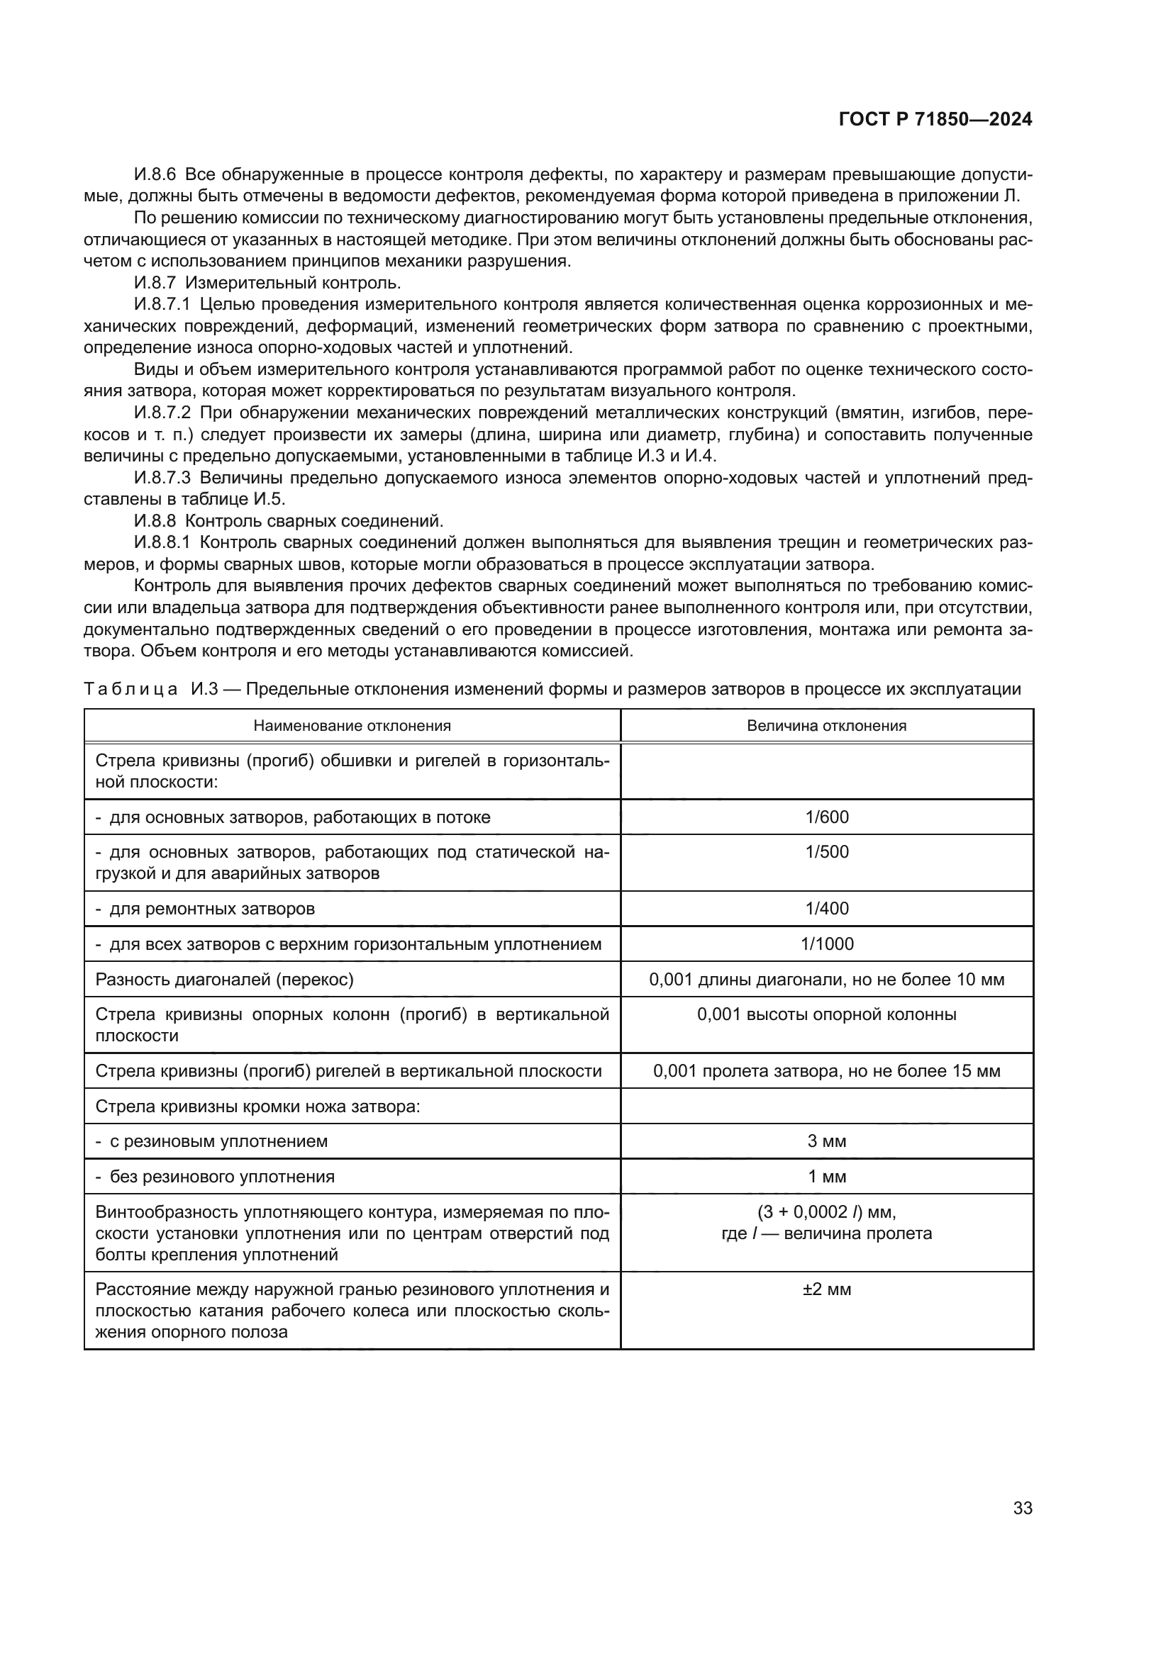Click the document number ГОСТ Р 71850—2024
point(935,120)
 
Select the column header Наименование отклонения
point(352,726)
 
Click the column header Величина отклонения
point(826,726)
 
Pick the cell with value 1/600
point(827,817)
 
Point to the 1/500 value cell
point(827,852)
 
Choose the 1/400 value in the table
point(827,909)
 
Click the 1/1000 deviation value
point(827,943)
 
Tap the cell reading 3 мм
point(827,1142)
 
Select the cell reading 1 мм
point(827,1177)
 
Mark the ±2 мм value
point(827,1289)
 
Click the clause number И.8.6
point(155,175)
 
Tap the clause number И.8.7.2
point(162,413)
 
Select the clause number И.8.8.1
point(162,543)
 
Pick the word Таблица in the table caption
point(130,689)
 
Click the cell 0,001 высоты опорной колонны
point(827,1014)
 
